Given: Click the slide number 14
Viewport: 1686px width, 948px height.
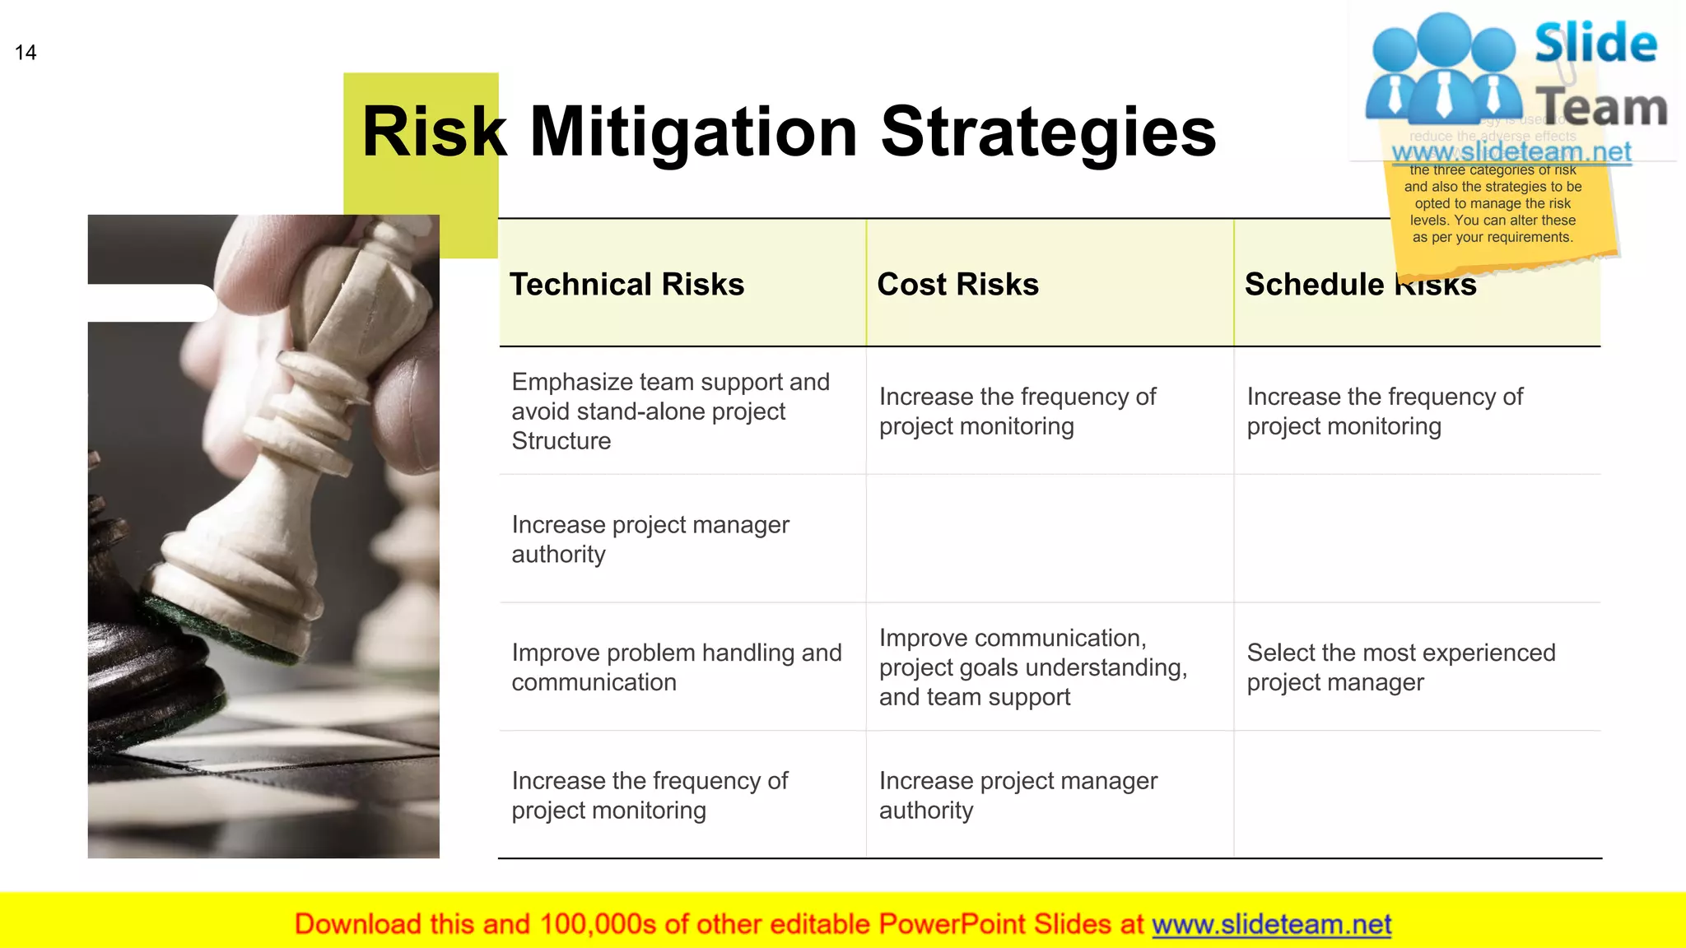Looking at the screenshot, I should pos(26,53).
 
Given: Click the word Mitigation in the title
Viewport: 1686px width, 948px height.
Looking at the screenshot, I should pos(693,132).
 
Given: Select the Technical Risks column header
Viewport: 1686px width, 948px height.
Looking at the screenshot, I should pos(626,285).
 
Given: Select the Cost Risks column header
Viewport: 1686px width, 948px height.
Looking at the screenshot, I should pos(957,285).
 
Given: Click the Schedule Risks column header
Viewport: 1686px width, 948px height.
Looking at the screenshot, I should pos(1359,285).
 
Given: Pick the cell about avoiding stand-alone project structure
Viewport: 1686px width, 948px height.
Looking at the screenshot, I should pos(670,411).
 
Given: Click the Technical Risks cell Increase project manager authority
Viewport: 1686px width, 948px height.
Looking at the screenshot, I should pos(650,539).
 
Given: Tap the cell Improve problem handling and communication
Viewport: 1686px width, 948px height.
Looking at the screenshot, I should pos(676,667).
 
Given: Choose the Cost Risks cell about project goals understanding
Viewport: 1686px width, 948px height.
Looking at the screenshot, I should pos(1032,667).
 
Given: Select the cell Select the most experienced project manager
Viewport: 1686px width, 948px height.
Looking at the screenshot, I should pos(1400,667).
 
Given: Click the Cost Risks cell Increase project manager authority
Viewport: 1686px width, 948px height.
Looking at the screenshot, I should pos(1018,795).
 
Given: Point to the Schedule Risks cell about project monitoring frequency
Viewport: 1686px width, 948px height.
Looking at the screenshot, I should pos(1384,411).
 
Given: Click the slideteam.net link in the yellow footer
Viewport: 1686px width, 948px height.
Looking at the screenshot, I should pos(1271,924).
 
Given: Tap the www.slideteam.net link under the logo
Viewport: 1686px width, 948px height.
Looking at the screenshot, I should pos(1511,152).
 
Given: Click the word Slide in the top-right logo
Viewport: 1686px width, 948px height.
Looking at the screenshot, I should pos(1595,44).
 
